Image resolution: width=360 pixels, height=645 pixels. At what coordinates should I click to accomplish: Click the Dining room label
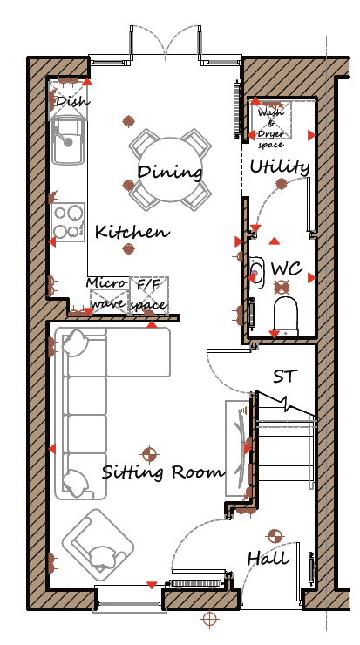[170, 172]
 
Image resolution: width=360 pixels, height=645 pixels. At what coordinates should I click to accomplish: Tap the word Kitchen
[132, 232]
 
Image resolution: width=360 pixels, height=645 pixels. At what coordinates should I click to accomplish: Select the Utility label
[280, 167]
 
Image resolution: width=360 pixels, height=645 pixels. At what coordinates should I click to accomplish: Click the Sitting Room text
[163, 472]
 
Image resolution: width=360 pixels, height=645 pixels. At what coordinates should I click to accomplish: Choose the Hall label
[268, 558]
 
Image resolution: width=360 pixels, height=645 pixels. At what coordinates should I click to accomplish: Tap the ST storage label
[285, 376]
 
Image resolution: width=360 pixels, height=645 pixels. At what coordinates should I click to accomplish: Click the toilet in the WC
[286, 316]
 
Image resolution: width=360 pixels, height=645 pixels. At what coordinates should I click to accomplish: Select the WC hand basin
[256, 272]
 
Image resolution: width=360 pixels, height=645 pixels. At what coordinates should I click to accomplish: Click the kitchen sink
[68, 140]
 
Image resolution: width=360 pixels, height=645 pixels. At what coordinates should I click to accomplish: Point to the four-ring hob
[68, 222]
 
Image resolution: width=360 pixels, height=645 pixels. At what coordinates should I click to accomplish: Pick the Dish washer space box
[68, 100]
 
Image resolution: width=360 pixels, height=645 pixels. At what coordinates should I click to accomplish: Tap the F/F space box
[149, 295]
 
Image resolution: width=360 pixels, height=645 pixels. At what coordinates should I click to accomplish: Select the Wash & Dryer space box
[270, 121]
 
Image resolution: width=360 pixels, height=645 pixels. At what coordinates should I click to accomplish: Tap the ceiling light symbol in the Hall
[275, 536]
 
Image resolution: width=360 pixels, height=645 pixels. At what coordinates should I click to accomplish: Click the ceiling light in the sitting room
[149, 454]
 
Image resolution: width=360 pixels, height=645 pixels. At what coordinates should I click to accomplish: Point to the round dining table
[170, 169]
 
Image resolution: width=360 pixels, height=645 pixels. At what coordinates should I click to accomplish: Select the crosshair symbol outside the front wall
[209, 618]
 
